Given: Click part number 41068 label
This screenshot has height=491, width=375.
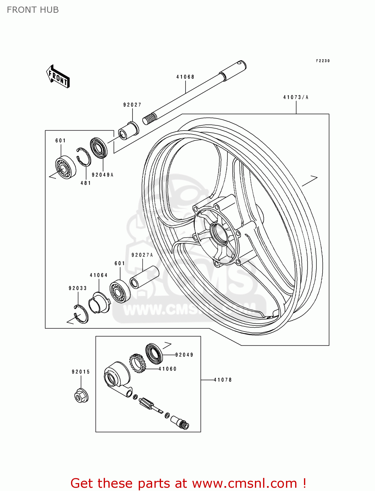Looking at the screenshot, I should click(185, 77).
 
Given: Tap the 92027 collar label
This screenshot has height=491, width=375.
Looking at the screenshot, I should click(132, 105).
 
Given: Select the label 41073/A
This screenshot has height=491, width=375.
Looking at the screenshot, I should click(295, 97).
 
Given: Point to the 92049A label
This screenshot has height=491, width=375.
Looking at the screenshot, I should click(102, 175).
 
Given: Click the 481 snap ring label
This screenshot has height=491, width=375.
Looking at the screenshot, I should click(86, 183).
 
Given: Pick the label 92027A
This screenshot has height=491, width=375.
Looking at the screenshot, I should click(142, 255).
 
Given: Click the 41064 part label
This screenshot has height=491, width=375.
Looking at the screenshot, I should click(98, 275).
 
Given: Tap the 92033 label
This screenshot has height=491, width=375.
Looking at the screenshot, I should click(78, 288).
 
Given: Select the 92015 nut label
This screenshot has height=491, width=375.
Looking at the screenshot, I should click(81, 372).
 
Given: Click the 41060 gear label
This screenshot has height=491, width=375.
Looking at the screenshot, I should click(168, 369).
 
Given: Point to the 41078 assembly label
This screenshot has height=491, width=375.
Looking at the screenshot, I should click(223, 380).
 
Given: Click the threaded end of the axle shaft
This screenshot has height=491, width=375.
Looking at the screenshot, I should click(149, 119).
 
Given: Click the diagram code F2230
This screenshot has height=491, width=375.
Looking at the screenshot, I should click(323, 61).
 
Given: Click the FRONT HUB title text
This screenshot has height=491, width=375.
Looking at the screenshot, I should click(33, 10).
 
